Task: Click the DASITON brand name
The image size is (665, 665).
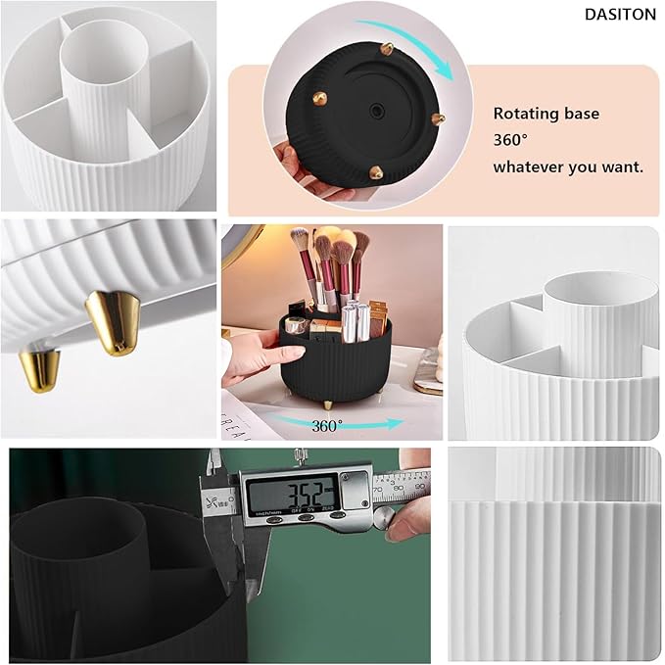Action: point(619,14)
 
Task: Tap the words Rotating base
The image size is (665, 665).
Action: point(546,114)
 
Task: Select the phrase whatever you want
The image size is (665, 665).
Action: point(568,166)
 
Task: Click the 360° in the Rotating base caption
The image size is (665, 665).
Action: point(510,140)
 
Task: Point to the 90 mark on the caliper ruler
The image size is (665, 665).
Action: point(420,476)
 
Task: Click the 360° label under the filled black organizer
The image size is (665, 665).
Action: point(327,425)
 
